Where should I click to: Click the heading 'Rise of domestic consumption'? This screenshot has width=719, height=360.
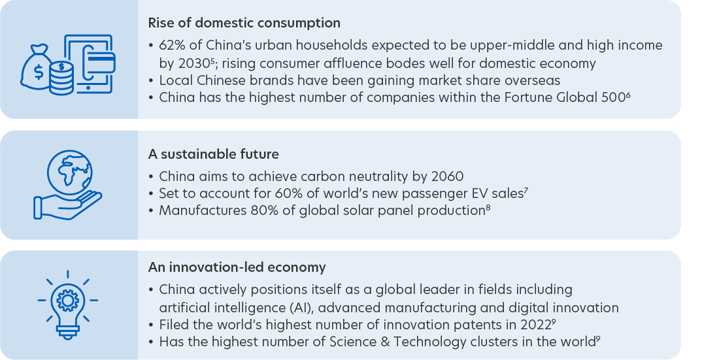pyautogui.click(x=244, y=23)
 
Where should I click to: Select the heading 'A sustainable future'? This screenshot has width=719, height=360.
pyautogui.click(x=213, y=154)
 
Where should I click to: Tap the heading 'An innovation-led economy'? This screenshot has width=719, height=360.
pyautogui.click(x=237, y=267)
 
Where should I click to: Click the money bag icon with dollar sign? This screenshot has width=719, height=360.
pyautogui.click(x=36, y=68)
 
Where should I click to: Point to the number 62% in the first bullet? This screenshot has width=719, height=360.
pyautogui.click(x=173, y=45)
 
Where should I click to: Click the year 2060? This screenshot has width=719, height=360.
pyautogui.click(x=447, y=176)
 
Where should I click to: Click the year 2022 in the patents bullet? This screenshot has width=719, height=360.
pyautogui.click(x=535, y=325)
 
